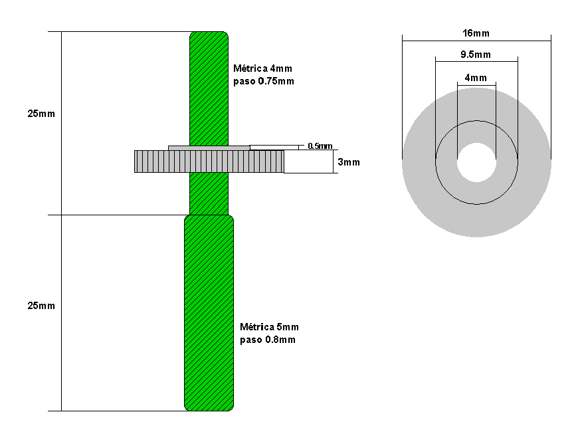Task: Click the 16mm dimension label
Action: click(x=476, y=33)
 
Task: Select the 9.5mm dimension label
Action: click(x=476, y=54)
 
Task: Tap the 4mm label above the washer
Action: click(x=476, y=78)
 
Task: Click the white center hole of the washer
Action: click(x=476, y=161)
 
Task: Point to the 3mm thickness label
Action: click(x=349, y=162)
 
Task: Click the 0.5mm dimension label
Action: click(x=320, y=146)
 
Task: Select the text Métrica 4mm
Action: click(x=263, y=68)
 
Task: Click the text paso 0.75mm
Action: click(x=264, y=81)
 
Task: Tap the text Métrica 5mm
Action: click(x=269, y=327)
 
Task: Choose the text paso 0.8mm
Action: click(x=268, y=340)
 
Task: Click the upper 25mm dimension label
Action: click(x=41, y=114)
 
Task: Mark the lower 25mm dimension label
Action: click(x=41, y=306)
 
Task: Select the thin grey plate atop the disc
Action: click(x=209, y=147)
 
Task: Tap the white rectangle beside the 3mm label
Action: click(x=308, y=161)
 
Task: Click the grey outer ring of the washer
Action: click(x=425, y=199)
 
